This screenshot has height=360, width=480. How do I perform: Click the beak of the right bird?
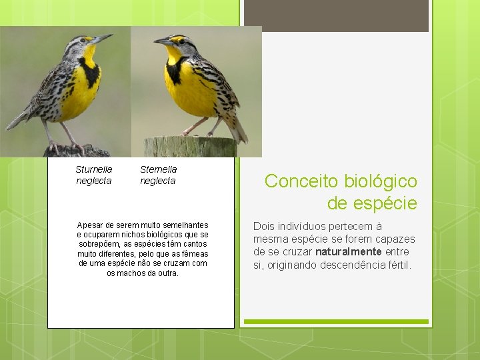click(161, 42)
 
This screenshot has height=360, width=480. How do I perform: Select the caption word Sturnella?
click(94, 169)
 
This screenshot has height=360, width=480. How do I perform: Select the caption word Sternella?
click(158, 169)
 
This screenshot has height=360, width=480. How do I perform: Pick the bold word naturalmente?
click(349, 252)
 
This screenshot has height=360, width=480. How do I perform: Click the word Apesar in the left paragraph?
click(89, 225)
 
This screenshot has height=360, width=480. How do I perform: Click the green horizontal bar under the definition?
click(336, 321)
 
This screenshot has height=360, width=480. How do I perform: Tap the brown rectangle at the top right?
click(336, 16)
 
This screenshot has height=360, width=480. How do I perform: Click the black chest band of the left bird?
click(89, 71)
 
